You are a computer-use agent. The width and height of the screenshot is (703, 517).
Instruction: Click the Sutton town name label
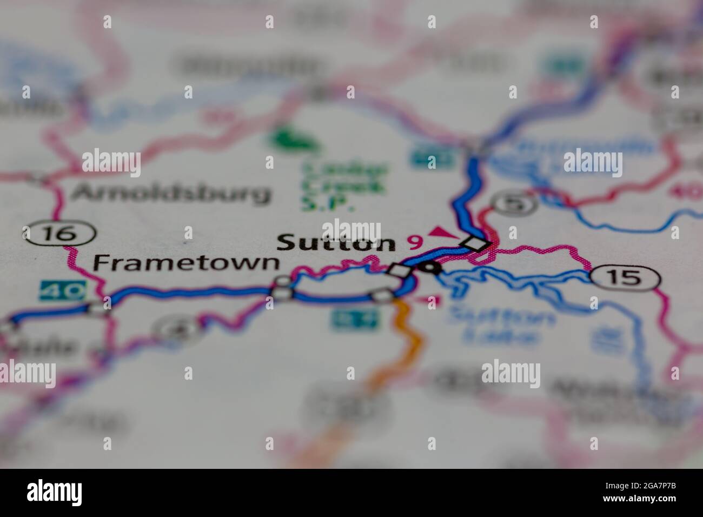(x=336, y=243)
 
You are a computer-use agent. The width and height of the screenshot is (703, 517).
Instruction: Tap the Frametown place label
(x=187, y=263)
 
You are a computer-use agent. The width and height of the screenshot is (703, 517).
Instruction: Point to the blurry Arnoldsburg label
(x=171, y=193)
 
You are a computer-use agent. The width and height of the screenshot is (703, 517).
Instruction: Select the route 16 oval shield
(x=59, y=234)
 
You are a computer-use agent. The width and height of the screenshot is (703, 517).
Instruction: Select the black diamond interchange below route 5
(x=475, y=244)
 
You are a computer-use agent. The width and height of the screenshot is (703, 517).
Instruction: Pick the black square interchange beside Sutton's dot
(x=399, y=270)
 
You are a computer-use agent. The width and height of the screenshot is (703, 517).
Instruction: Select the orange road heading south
(x=411, y=335)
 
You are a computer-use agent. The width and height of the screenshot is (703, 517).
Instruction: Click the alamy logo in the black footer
(x=55, y=492)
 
